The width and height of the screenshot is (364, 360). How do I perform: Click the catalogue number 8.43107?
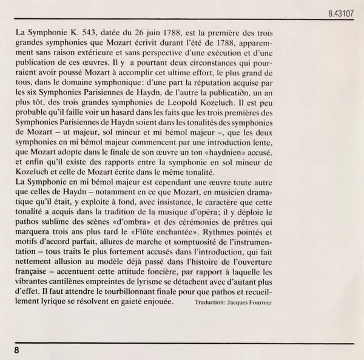(x=340, y=11)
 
